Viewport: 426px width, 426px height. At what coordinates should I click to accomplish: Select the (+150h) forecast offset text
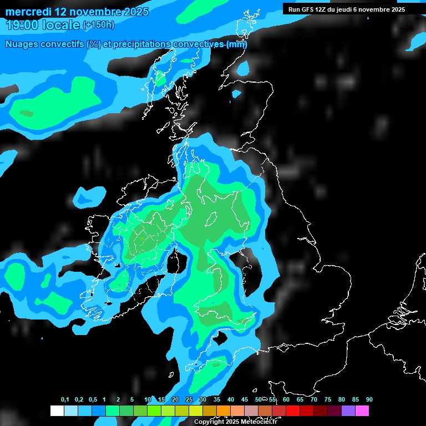[x=99, y=25]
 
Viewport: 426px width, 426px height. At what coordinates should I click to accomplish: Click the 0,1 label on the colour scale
[x=65, y=400]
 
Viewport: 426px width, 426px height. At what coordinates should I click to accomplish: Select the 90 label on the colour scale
[x=369, y=400]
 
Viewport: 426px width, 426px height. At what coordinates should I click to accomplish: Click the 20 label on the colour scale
[x=175, y=400]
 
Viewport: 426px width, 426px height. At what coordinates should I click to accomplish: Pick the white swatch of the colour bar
[x=57, y=411]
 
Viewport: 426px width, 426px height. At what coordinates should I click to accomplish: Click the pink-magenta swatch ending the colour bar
[x=362, y=411]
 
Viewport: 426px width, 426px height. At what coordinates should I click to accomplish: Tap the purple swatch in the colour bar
[x=348, y=411]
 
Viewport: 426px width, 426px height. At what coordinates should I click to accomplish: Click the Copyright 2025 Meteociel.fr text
[x=235, y=422]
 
